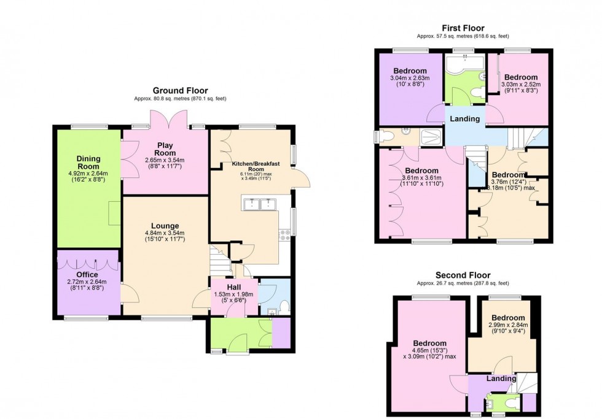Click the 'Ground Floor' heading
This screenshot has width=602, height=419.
point(180,90)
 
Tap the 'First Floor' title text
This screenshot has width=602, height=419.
point(463,28)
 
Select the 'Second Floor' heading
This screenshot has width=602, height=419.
point(463,275)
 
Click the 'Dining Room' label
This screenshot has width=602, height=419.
point(88,162)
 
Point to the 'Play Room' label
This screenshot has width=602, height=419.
point(165,149)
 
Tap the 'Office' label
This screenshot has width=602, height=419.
point(87,274)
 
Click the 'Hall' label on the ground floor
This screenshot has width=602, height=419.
point(233,286)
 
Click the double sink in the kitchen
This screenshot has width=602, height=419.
point(259,204)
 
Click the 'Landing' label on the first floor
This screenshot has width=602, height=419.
point(465,118)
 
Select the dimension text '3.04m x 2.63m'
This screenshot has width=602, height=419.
point(410,79)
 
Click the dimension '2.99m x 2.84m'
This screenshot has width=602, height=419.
point(507,325)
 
